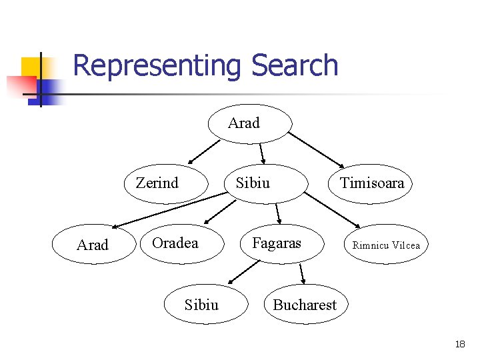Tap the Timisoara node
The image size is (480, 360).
[371, 183]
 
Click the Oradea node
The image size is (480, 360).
[175, 243]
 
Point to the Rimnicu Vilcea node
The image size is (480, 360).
[386, 245]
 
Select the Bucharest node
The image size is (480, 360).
[305, 305]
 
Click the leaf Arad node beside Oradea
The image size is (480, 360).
[93, 245]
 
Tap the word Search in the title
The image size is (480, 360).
[295, 66]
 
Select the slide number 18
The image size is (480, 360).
[459, 344]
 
